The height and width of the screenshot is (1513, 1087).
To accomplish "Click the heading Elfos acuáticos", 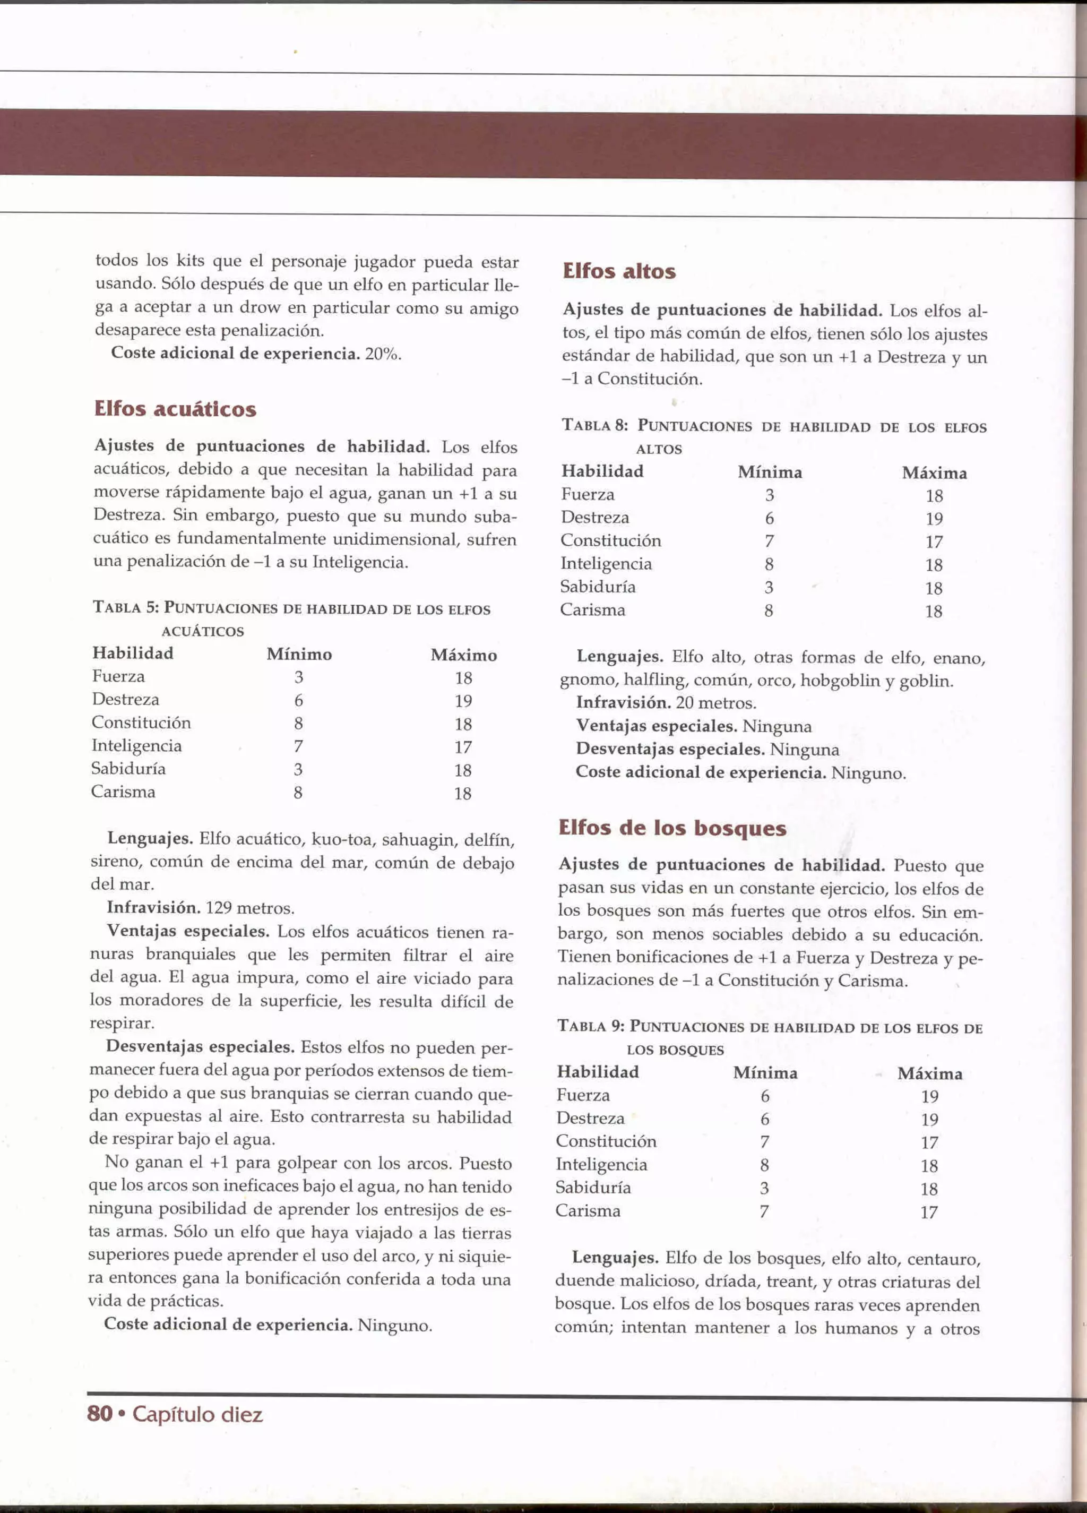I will tap(175, 409).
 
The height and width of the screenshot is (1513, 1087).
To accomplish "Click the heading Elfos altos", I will tap(619, 271).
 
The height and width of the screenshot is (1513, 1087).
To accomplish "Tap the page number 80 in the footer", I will tap(99, 1414).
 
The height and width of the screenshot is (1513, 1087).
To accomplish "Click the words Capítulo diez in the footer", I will tap(197, 1414).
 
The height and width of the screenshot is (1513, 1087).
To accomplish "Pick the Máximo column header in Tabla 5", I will tap(463, 655).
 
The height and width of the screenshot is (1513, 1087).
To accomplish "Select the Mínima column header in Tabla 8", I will tap(770, 472).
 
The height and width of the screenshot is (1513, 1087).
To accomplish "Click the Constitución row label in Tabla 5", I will tap(141, 723).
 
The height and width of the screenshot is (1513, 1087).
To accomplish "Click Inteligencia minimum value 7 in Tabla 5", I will tap(298, 746).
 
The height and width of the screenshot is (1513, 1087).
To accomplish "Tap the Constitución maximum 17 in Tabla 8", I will tap(934, 541).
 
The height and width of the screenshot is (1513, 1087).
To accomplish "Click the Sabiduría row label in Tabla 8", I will tap(598, 587).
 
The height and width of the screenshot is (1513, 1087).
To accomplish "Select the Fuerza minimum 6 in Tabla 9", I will tap(765, 1096).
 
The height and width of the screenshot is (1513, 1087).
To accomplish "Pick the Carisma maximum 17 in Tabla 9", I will tap(929, 1212).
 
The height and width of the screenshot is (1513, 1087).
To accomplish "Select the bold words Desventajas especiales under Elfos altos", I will tap(669, 749).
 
